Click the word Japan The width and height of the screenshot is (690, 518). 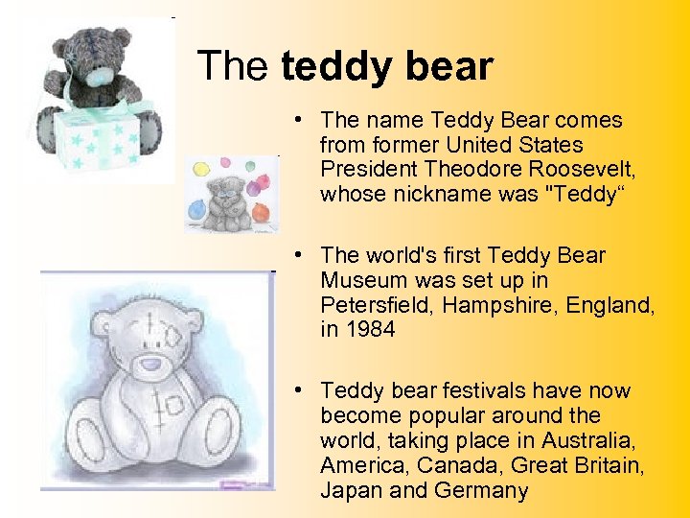click(x=351, y=490)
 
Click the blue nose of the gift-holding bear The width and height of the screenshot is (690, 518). click(x=100, y=75)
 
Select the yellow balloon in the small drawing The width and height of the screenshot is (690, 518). click(x=202, y=170)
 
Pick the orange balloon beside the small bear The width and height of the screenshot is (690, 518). click(x=261, y=182)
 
